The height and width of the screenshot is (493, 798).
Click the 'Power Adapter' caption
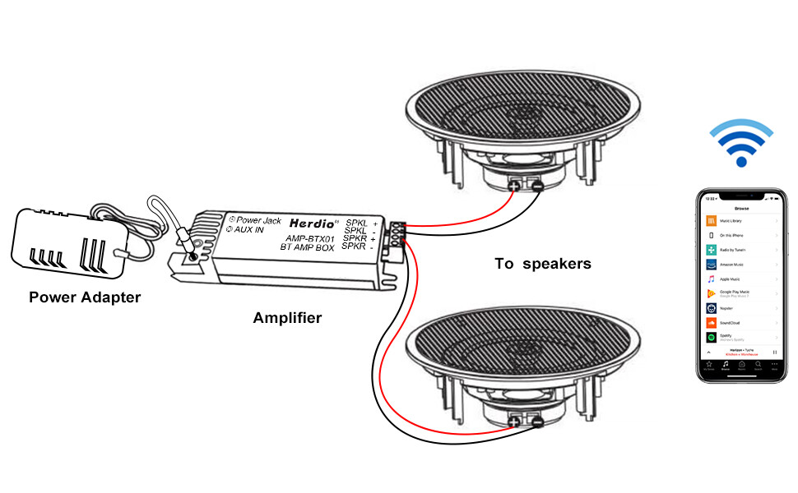tap(84, 297)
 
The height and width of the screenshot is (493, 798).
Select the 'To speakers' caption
tap(542, 264)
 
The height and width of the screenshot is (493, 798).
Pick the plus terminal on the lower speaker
tap(515, 422)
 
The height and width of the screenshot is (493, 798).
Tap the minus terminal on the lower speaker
tap(536, 422)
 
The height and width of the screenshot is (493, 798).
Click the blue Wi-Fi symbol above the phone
tap(741, 142)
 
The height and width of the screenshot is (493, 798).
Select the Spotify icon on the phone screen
tap(711, 337)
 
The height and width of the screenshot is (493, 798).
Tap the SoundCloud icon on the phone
tap(711, 323)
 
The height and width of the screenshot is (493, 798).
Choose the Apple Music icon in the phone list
tap(711, 279)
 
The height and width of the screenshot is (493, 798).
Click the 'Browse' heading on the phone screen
tap(741, 209)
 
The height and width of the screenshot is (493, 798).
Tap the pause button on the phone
tap(774, 351)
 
